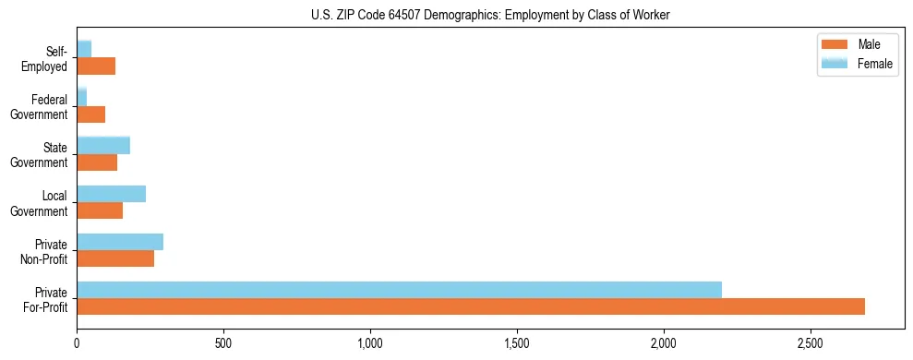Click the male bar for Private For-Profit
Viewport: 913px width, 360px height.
click(471, 306)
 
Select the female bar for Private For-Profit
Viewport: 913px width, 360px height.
click(399, 290)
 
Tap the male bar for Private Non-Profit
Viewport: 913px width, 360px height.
click(115, 258)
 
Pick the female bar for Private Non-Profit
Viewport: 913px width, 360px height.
click(120, 242)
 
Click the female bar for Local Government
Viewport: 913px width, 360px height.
click(111, 194)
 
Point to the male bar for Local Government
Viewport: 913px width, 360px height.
click(100, 210)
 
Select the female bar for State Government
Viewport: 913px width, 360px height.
click(103, 145)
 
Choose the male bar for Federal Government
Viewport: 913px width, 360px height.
click(90, 114)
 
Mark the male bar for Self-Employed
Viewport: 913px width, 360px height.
click(96, 66)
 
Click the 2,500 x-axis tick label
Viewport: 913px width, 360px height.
click(810, 342)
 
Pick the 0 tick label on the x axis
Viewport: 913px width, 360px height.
click(77, 342)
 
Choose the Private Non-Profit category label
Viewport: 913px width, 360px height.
click(46, 252)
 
